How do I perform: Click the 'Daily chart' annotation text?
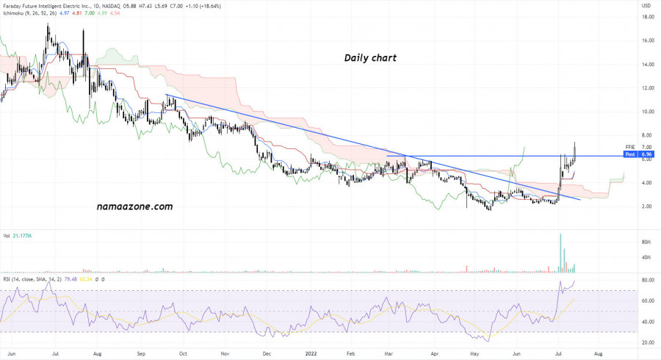(x=370, y=57)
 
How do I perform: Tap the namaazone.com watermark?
(x=134, y=206)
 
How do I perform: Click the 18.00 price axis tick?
(x=648, y=18)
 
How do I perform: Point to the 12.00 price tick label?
(x=648, y=88)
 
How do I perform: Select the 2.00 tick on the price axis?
(x=648, y=206)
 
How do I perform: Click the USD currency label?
(x=646, y=6)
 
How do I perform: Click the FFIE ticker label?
(x=629, y=148)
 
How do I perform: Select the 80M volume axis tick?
(x=647, y=241)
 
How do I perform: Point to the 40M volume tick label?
(x=647, y=257)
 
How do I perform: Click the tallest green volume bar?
(x=560, y=252)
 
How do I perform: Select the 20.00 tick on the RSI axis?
(x=648, y=343)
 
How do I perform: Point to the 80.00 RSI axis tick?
(x=648, y=281)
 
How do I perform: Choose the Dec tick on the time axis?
(x=267, y=353)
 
